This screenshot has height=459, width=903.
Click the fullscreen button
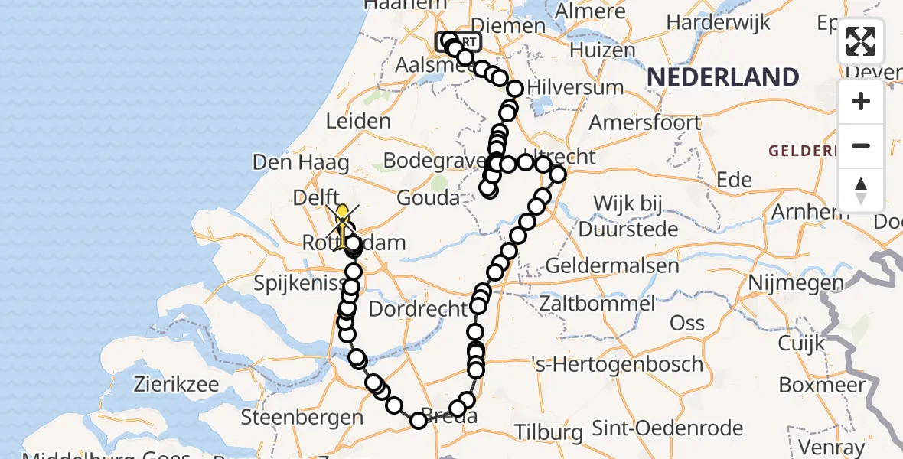tap(861, 41)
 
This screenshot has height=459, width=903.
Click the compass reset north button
tap(861, 190)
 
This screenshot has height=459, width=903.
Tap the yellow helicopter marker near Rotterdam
tap(342, 214)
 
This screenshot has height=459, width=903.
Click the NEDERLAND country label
tap(723, 77)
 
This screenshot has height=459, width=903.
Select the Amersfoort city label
tap(645, 122)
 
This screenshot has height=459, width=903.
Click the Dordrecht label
tap(418, 309)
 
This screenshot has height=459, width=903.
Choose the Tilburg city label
tap(548, 432)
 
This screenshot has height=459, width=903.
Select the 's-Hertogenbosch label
tap(616, 363)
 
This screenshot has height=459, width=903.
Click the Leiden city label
tap(358, 121)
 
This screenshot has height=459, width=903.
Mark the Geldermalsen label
tap(611, 266)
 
